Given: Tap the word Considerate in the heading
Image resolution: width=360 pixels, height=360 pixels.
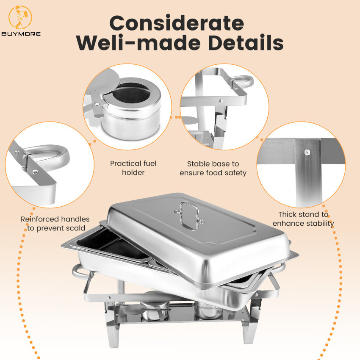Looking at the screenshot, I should [x=177, y=23].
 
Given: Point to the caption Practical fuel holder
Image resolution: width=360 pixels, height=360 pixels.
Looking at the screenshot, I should [x=133, y=168].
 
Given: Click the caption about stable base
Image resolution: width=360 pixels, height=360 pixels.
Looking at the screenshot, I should [x=213, y=168].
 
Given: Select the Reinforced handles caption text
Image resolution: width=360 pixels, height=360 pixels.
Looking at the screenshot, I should [x=55, y=224].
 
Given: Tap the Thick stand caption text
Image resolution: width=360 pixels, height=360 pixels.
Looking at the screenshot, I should [x=303, y=219].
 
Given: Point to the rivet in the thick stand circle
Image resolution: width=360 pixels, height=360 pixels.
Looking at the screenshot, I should [x=306, y=152].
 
